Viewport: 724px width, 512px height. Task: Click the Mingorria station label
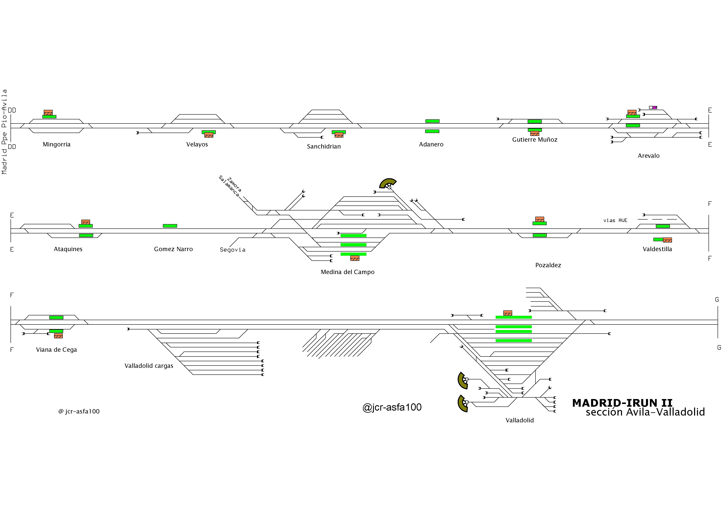[x=57, y=145]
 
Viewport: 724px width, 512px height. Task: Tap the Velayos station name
[x=197, y=145]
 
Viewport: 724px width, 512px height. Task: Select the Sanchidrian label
[x=324, y=146]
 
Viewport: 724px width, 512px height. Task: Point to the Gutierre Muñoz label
[x=535, y=139]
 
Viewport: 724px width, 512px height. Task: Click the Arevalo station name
[x=649, y=156]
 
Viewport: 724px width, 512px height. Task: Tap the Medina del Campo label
[x=347, y=272]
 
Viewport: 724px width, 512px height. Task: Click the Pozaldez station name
[x=548, y=265]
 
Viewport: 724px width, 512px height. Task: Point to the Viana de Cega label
[x=56, y=349]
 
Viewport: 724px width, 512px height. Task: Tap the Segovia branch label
[x=232, y=249]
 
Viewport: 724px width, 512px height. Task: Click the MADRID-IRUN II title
[x=622, y=403]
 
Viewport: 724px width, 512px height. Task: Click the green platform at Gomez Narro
[x=170, y=226]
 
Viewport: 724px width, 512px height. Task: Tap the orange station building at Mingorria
[x=48, y=113]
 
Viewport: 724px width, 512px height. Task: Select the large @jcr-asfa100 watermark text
[x=392, y=407]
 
